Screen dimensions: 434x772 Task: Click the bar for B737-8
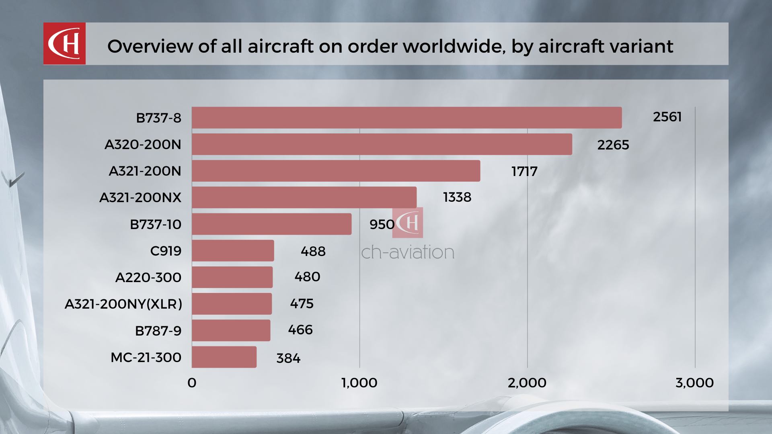coord(407,118)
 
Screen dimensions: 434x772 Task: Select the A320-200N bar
coord(382,144)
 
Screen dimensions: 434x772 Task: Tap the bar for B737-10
coord(271,224)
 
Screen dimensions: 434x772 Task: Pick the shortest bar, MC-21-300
coord(224,357)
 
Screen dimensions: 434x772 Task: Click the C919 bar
coord(233,251)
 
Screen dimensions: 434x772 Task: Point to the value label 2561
coord(667,117)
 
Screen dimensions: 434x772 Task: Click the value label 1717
coord(524,172)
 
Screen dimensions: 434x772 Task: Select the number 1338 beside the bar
coord(457,197)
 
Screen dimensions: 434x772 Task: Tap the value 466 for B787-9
coord(300,330)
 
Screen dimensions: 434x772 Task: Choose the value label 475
coord(302,303)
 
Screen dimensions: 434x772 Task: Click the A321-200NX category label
coord(140,198)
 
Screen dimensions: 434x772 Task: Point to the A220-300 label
coord(148,277)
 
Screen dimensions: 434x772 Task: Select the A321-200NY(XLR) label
coord(123,304)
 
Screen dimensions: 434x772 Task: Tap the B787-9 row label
coord(158,331)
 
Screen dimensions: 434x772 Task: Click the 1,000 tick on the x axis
coord(359,383)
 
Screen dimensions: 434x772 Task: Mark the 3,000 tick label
coord(694,383)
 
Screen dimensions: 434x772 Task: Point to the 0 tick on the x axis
coord(192,383)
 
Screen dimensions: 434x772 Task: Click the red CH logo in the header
coord(64,43)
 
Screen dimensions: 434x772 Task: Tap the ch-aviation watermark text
coord(408,252)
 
